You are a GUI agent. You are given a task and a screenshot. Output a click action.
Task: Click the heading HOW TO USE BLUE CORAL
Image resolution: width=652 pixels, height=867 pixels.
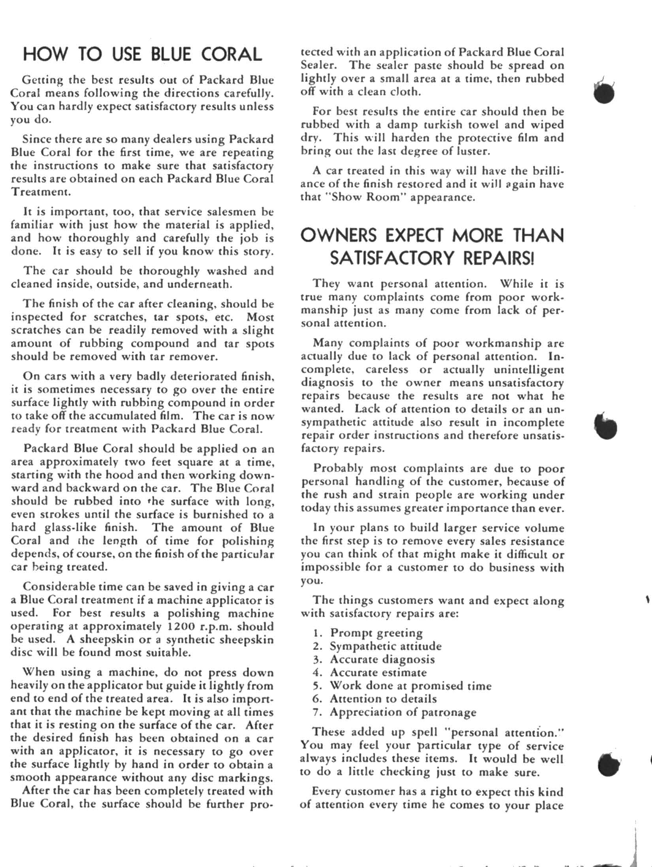[x=143, y=55]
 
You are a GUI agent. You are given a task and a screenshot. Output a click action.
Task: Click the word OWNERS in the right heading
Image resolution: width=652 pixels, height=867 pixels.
[x=339, y=236]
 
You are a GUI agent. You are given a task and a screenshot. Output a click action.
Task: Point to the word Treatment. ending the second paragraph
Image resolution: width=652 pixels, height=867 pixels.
[x=41, y=192]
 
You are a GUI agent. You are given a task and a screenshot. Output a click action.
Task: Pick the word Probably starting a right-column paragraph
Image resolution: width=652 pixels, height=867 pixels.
[x=338, y=468]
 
